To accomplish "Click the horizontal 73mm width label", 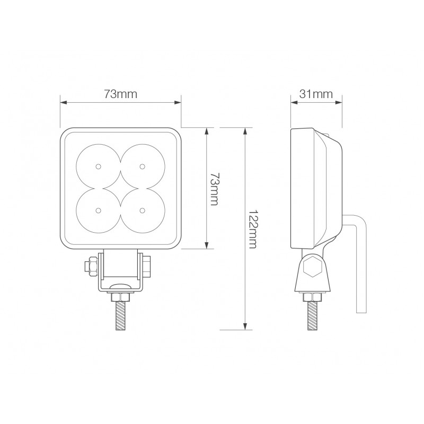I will point(120,94).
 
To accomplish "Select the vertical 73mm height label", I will point(214,188).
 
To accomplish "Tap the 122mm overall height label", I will point(253,228).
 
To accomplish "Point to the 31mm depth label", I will point(316,94).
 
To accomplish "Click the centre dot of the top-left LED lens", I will point(99,167).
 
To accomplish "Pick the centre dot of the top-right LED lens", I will point(142,167).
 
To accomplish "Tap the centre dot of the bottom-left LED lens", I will point(99,210).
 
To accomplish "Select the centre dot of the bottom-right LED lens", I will point(142,210).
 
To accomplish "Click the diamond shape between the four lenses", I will point(120,189).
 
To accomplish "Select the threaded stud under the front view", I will point(120,313).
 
